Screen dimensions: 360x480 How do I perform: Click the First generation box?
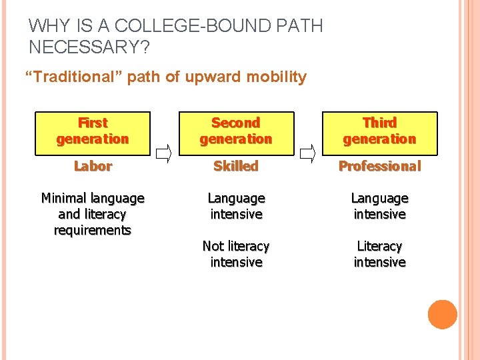point(93,131)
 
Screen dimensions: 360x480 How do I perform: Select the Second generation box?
point(236,131)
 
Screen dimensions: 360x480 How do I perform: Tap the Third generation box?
point(379,131)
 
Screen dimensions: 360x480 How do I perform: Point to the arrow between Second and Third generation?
point(307,155)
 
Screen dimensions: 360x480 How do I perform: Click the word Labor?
point(93,166)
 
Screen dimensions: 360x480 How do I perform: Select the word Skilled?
point(236,166)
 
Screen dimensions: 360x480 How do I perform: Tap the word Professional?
point(379,166)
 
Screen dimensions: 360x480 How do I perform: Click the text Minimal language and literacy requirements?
point(93,214)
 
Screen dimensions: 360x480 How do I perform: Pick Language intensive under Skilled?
point(236,206)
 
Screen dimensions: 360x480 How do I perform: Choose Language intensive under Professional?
point(379,206)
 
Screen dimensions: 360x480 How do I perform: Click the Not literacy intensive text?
point(236,254)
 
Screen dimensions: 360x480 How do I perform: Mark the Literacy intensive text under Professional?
point(379,254)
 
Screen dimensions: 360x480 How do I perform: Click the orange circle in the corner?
point(443,315)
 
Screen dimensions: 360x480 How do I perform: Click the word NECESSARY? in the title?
point(90,47)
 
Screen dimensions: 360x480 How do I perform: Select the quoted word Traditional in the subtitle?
point(74,77)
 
